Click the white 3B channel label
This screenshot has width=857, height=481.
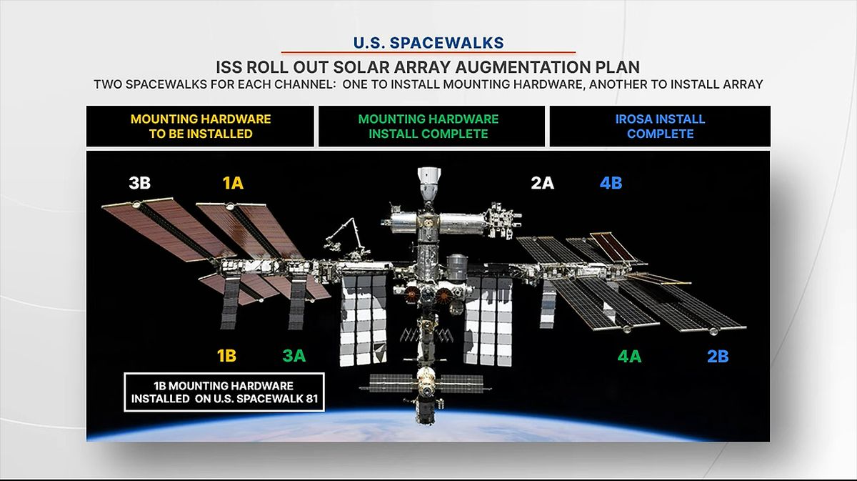click(140, 183)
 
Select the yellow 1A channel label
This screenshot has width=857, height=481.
click(233, 183)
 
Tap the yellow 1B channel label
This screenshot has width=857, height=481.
click(226, 355)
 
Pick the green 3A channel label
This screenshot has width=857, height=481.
click(294, 355)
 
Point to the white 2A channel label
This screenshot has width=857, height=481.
click(542, 183)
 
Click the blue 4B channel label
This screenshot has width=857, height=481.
click(611, 183)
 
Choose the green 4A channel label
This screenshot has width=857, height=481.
click(629, 355)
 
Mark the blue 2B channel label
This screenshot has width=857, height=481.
click(717, 355)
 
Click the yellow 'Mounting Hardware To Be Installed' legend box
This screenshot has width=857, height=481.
click(201, 127)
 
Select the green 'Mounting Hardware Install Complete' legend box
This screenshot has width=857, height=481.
click(428, 127)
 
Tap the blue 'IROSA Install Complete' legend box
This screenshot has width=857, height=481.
click(660, 127)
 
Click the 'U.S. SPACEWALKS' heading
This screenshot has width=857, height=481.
click(428, 43)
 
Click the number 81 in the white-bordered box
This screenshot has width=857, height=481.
click(309, 399)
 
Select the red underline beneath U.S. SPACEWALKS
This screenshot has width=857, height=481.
click(428, 52)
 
